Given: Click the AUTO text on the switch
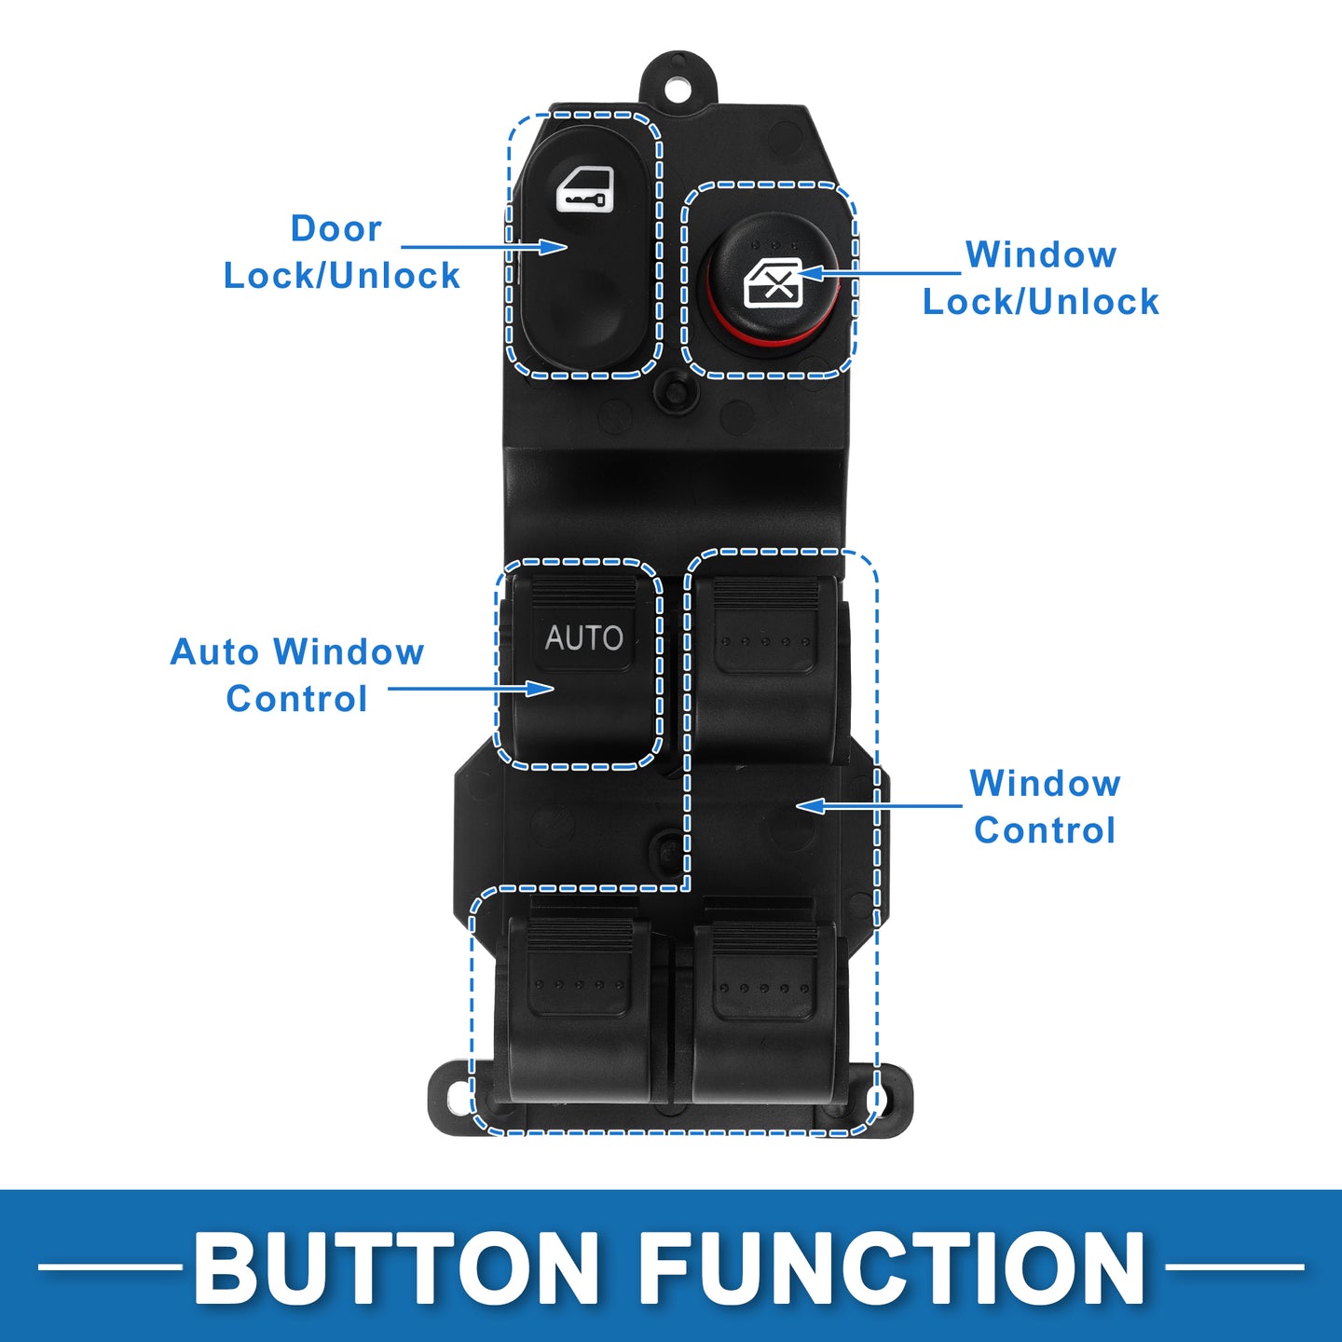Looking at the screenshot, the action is click(583, 638).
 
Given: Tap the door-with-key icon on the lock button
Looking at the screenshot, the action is click(585, 189).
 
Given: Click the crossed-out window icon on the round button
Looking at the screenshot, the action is click(773, 282).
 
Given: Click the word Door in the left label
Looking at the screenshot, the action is click(336, 228).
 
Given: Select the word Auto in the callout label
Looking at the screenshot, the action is click(214, 651).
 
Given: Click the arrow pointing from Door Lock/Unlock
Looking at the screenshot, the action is click(484, 247).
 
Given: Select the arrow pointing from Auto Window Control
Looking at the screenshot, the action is click(471, 689).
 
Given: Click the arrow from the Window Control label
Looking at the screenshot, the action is click(879, 806).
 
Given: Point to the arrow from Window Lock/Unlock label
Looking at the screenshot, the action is click(880, 272).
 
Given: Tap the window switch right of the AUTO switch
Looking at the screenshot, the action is click(766, 667).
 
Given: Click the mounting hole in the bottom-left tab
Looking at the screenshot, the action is click(459, 1100).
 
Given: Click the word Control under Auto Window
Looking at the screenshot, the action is click(296, 699).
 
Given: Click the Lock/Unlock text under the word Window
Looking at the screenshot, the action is click(1040, 302).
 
